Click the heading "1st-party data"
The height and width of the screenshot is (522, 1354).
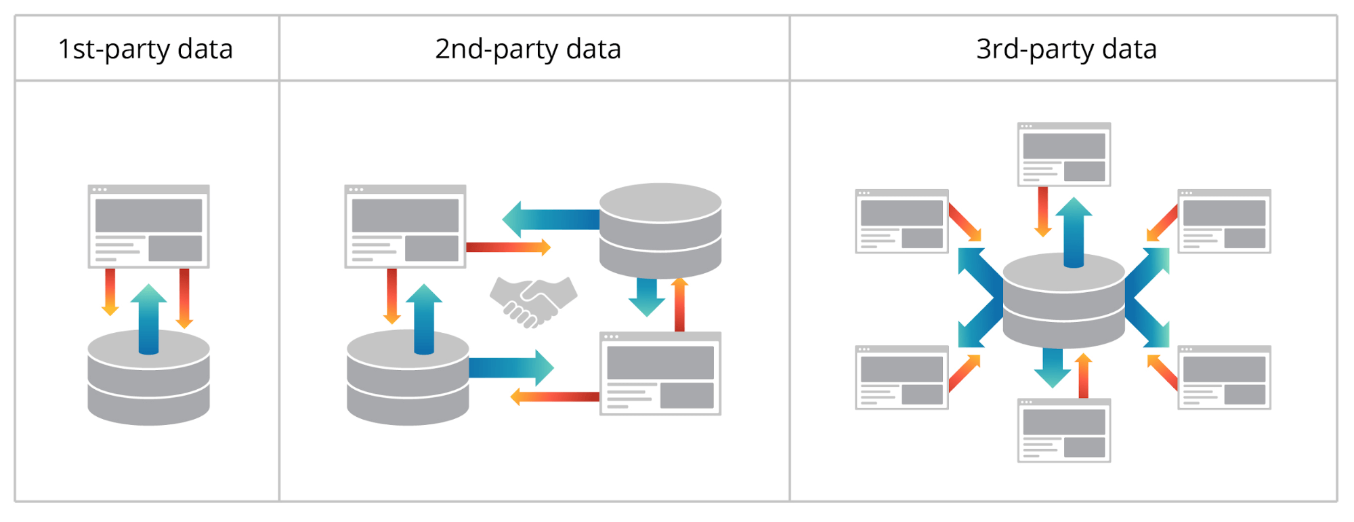pyautogui.click(x=146, y=49)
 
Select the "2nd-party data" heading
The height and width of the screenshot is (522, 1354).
pyautogui.click(x=528, y=49)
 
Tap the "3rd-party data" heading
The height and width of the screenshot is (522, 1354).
pyautogui.click(x=1066, y=49)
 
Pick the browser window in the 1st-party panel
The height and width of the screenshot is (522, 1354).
pyautogui.click(x=148, y=226)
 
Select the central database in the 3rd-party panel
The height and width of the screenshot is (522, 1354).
pyautogui.click(x=1063, y=305)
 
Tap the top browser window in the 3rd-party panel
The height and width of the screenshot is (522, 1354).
pyautogui.click(x=1063, y=155)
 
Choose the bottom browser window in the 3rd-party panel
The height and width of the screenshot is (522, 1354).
pyautogui.click(x=1063, y=430)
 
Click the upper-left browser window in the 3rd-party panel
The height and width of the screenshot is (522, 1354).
pyautogui.click(x=902, y=221)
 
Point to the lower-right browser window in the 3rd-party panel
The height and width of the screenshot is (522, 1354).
pyautogui.click(x=1224, y=378)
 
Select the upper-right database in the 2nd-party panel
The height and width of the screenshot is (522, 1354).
pyautogui.click(x=660, y=230)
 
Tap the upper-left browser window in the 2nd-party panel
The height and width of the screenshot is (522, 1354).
pyautogui.click(x=405, y=226)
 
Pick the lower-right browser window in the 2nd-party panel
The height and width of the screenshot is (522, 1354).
pyautogui.click(x=660, y=374)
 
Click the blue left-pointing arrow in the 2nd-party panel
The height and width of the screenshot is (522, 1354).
pyautogui.click(x=549, y=219)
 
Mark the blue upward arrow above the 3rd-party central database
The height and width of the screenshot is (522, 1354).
pyautogui.click(x=1074, y=230)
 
